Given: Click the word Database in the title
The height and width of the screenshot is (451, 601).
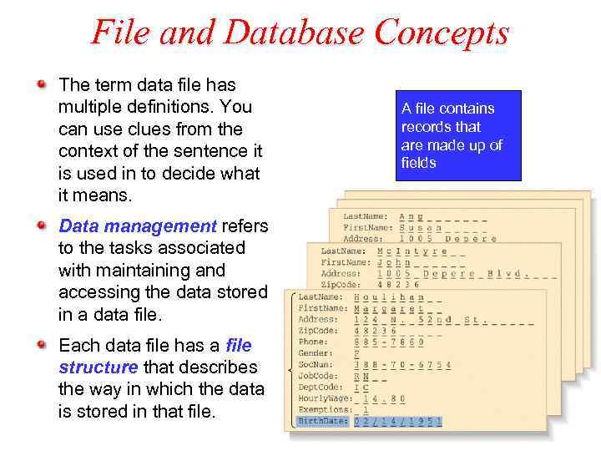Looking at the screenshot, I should pos(294,33).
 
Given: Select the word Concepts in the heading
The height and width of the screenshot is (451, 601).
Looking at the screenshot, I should pos(442,33).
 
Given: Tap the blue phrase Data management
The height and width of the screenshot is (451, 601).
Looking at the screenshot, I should pos(138,225).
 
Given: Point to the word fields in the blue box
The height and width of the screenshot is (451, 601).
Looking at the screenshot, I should pos(419,163).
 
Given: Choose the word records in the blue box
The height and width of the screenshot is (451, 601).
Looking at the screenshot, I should pos(425,127).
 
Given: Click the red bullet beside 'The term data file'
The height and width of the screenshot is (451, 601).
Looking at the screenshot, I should pos(41,84).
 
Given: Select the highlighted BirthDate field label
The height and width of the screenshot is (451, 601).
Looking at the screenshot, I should pos(323,422).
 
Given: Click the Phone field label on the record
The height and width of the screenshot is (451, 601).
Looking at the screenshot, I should pos(313,342).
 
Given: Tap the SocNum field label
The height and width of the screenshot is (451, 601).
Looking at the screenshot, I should pos(316,365).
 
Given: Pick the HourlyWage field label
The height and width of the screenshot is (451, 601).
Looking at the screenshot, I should pos(323,398).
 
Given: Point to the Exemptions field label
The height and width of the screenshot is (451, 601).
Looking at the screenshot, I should pos(323,410).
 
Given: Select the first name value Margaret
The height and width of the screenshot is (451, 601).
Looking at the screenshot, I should pos(392,308).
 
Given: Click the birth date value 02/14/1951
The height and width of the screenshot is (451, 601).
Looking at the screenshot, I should pos(397,422).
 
